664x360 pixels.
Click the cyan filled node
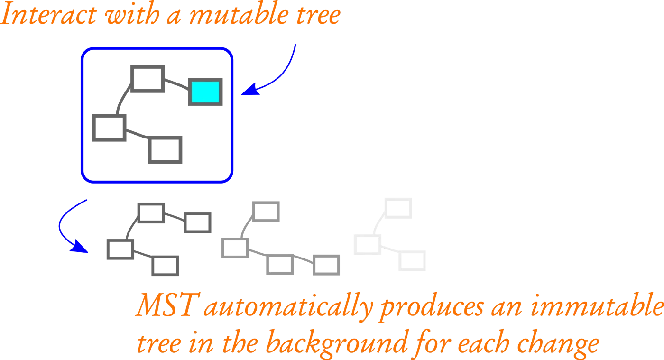205,92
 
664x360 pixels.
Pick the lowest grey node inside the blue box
166,150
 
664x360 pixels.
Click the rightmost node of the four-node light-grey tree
326,265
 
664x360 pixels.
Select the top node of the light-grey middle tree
265,212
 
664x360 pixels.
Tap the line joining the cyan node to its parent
179,85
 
